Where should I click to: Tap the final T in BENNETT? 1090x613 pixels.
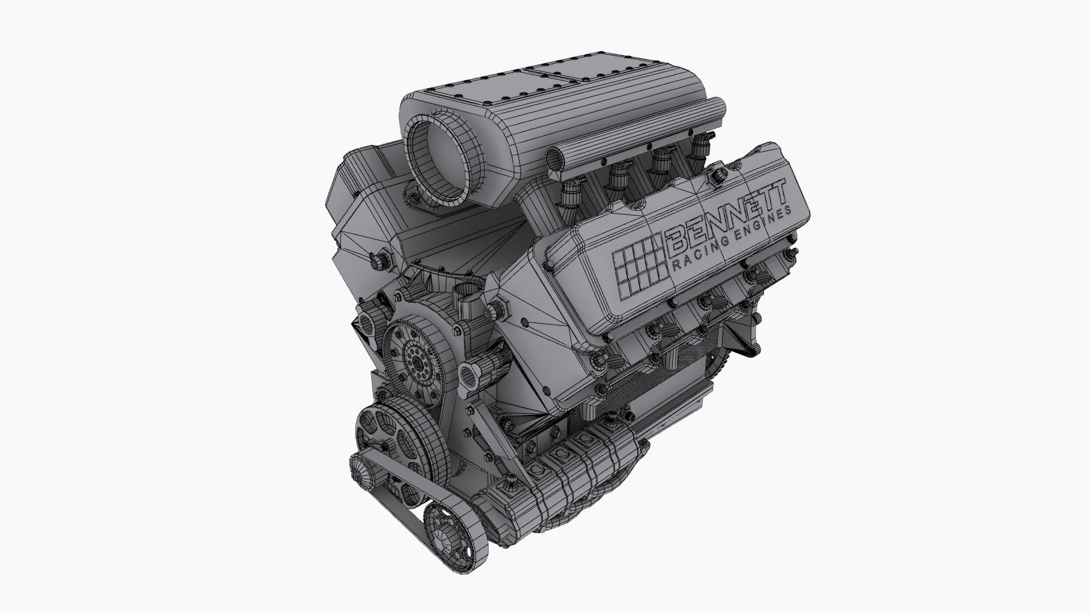(777, 191)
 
